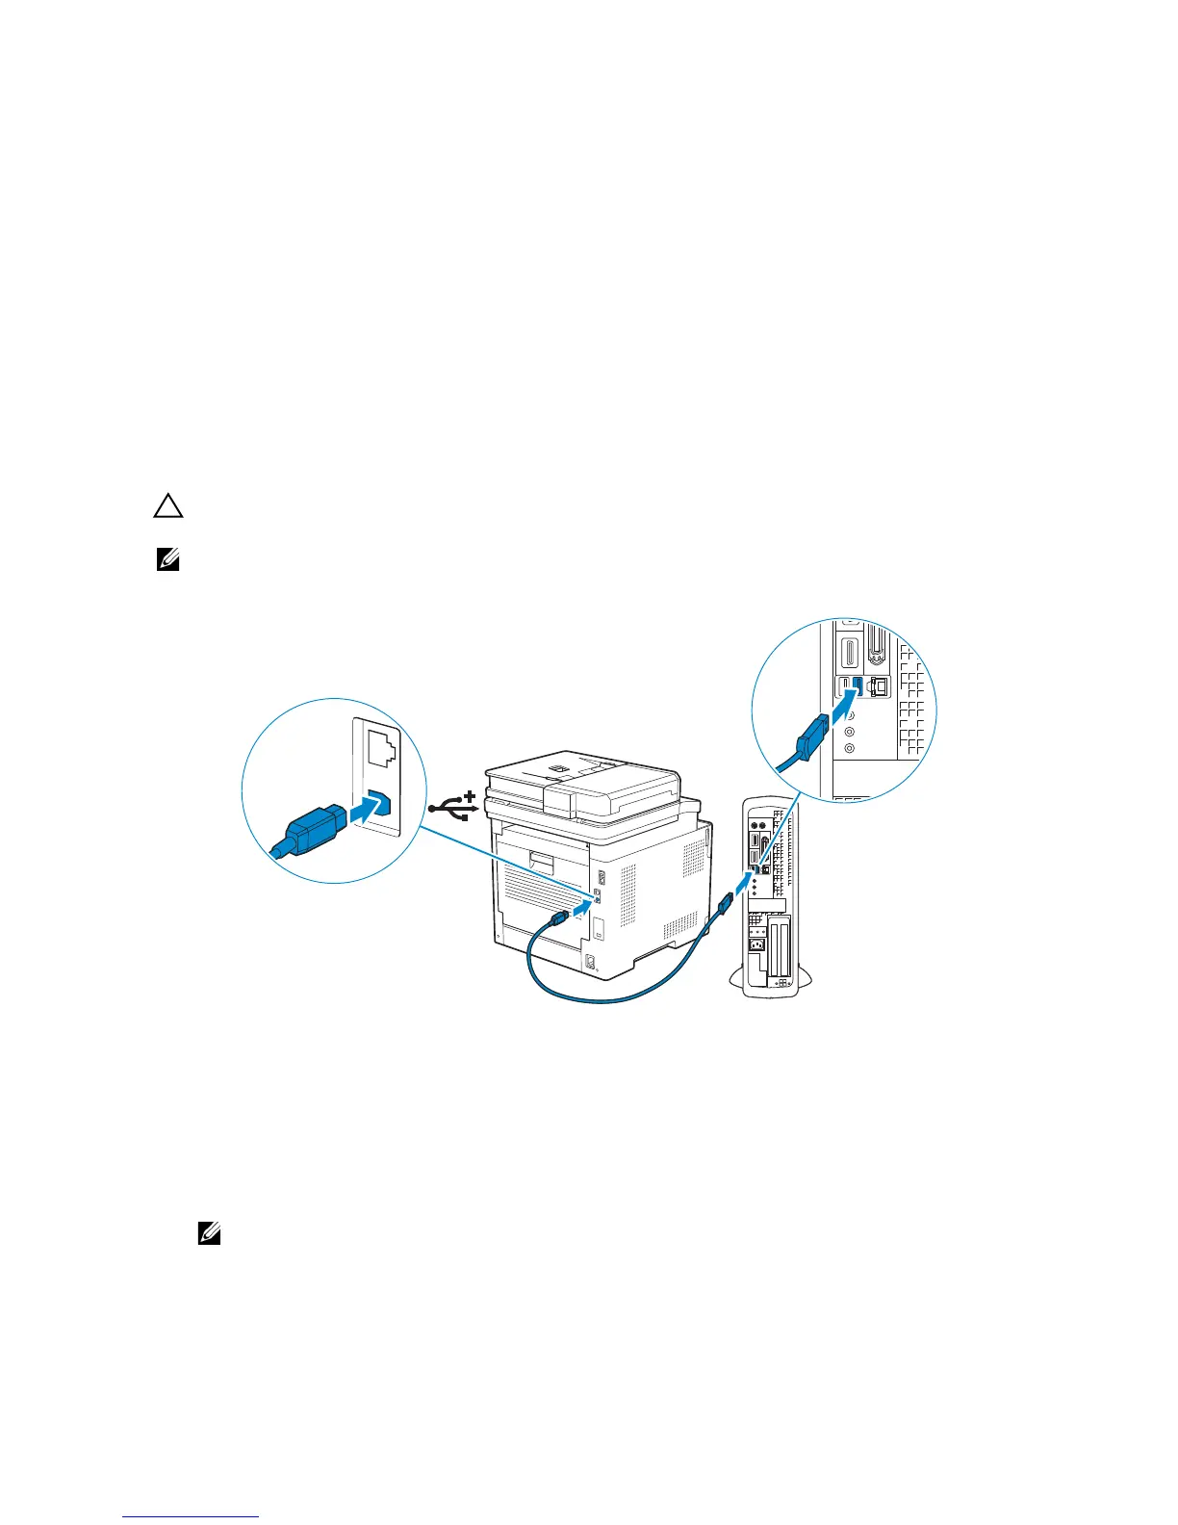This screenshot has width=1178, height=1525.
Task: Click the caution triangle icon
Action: (168, 507)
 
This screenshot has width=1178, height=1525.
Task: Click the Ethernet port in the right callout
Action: (880, 686)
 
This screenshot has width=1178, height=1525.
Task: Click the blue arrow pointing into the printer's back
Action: (580, 907)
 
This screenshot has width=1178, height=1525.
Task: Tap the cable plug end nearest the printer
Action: (557, 919)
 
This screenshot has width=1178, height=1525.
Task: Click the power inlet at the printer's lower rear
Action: (590, 961)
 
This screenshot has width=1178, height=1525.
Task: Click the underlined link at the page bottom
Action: (192, 1518)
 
